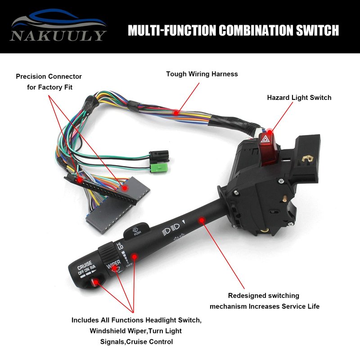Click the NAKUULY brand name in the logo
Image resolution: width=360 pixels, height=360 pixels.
click(59, 35)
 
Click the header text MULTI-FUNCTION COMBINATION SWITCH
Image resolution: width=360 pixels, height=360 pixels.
click(233, 31)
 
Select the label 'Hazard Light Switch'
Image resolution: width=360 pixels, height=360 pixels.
click(299, 98)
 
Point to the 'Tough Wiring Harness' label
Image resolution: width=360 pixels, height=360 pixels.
click(202, 74)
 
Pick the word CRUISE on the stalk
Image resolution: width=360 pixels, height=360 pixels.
click(85, 264)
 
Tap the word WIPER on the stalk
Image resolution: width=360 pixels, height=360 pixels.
click(114, 264)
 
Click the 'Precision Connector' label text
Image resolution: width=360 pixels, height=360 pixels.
click(49, 76)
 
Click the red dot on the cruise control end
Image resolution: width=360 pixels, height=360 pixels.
click(96, 282)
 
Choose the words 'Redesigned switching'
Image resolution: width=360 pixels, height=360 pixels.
click(263, 296)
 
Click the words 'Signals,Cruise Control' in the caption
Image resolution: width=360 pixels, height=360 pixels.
click(136, 342)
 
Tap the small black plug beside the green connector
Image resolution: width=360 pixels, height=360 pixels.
click(160, 156)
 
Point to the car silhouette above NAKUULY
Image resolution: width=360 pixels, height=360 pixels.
click(58, 20)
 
